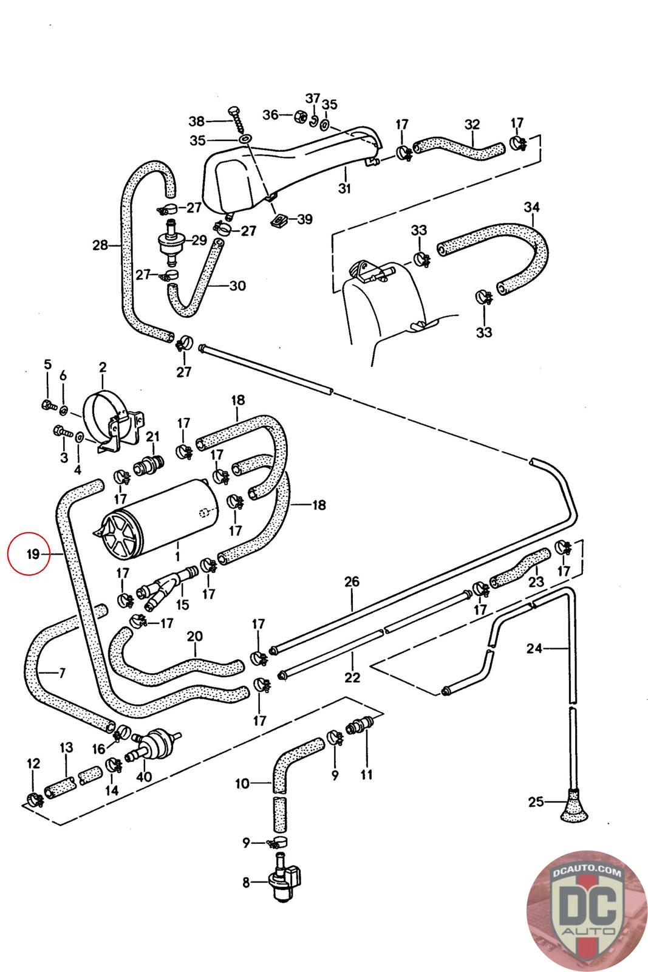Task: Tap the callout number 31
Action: point(344,188)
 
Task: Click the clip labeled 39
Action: point(279,221)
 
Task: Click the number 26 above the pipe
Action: point(352,582)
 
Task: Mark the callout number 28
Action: point(100,245)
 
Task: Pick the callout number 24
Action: point(534,649)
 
